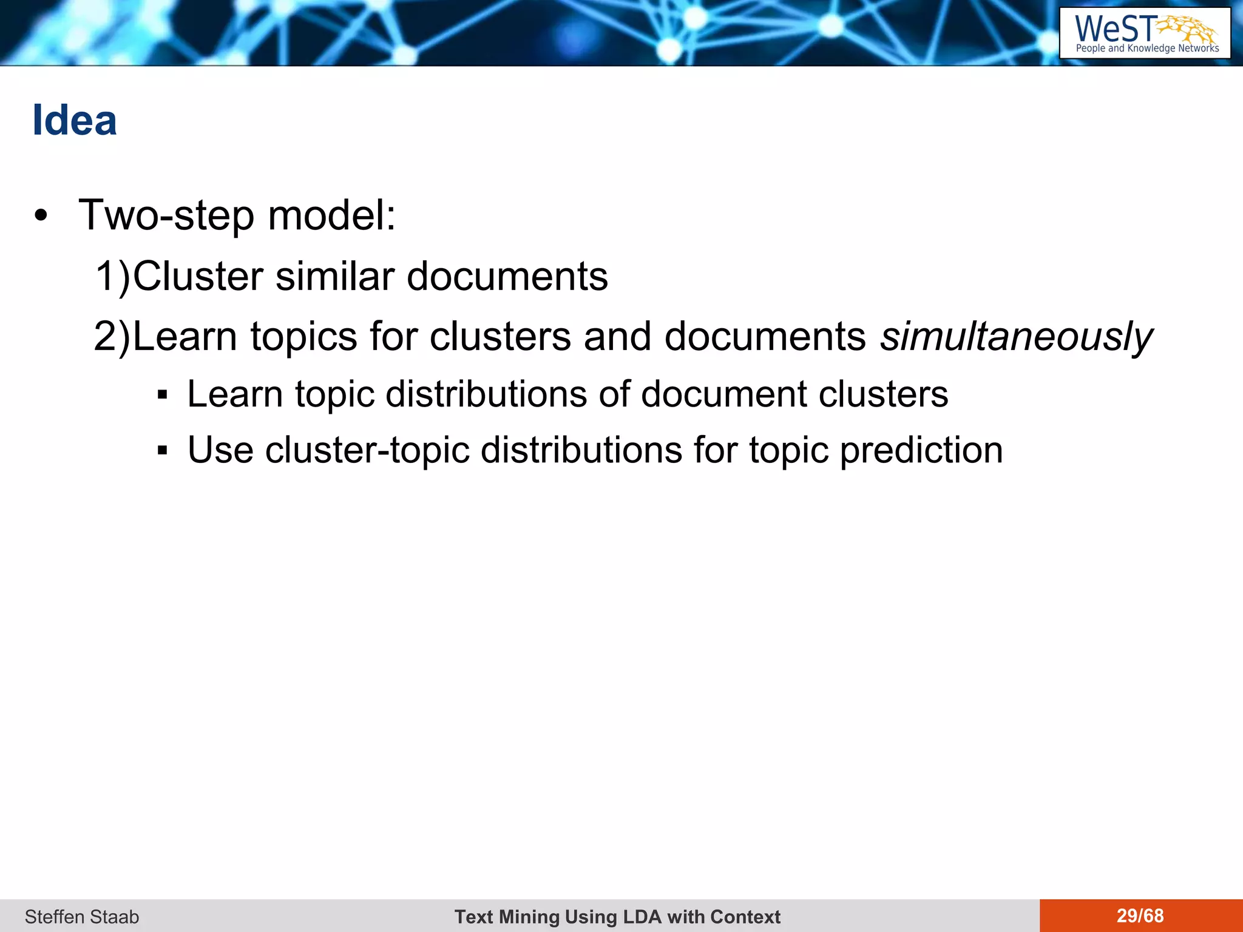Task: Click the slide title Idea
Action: click(74, 120)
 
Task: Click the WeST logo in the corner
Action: click(1145, 33)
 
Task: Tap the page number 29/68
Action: click(1140, 916)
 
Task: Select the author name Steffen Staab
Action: click(82, 916)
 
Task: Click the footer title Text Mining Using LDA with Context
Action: click(617, 916)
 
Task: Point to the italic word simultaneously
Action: click(1016, 337)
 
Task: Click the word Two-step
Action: click(166, 215)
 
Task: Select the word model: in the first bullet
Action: click(332, 215)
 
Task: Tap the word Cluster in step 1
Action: click(198, 277)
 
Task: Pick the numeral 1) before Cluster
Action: click(113, 277)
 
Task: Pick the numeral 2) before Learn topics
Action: click(112, 337)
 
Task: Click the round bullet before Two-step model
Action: click(41, 216)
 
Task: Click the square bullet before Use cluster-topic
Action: click(161, 451)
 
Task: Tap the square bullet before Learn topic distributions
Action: click(161, 395)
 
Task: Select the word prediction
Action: click(921, 451)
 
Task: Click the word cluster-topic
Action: click(367, 451)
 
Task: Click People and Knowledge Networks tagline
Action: click(1147, 49)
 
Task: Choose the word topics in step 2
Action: click(303, 337)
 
